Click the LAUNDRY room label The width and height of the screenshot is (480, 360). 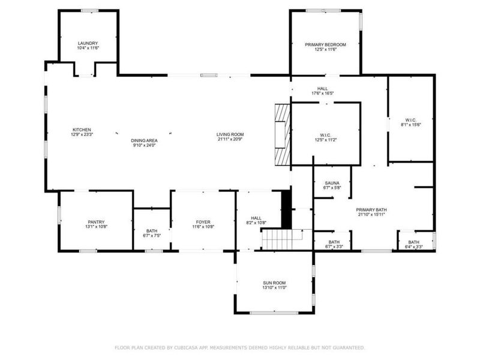pyautogui.click(x=88, y=43)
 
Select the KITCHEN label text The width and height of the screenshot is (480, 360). pyautogui.click(x=82, y=130)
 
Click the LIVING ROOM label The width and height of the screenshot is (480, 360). pyautogui.click(x=230, y=134)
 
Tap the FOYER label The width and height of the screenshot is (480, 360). pyautogui.click(x=203, y=222)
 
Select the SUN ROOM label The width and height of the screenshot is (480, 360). pyautogui.click(x=274, y=283)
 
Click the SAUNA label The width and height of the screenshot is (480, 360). pyautogui.click(x=332, y=183)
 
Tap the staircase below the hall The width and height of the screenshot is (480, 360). pyautogui.click(x=277, y=240)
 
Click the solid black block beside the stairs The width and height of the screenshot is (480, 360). pyautogui.click(x=286, y=207)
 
